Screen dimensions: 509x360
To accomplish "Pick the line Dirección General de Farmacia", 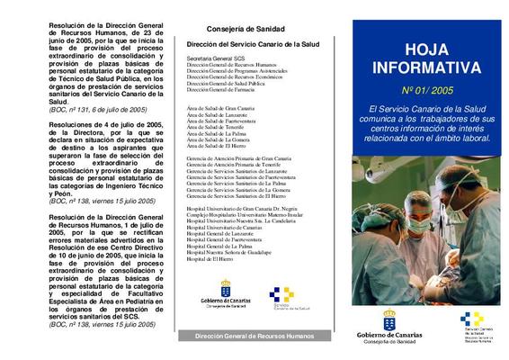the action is [221, 90].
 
